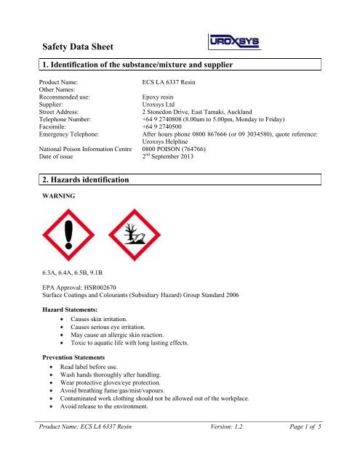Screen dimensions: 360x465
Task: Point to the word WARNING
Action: tap(60, 215)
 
